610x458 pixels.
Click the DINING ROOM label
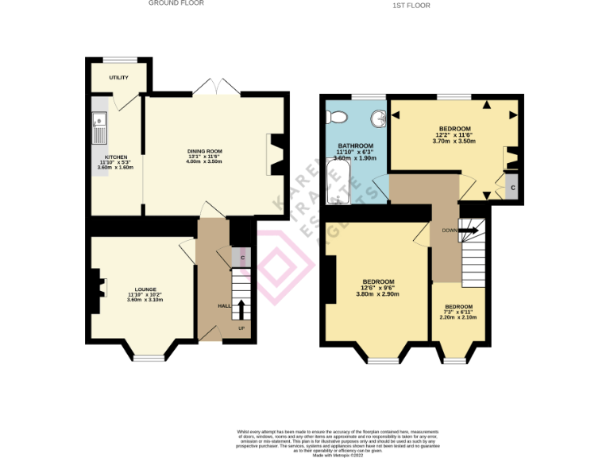click(204, 151)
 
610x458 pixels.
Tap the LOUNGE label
click(145, 289)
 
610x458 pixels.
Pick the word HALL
click(224, 306)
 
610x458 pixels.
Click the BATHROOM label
click(355, 146)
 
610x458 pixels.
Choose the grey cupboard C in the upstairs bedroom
click(512, 188)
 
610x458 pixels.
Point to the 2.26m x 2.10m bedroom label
click(458, 317)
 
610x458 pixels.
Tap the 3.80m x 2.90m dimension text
click(377, 294)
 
